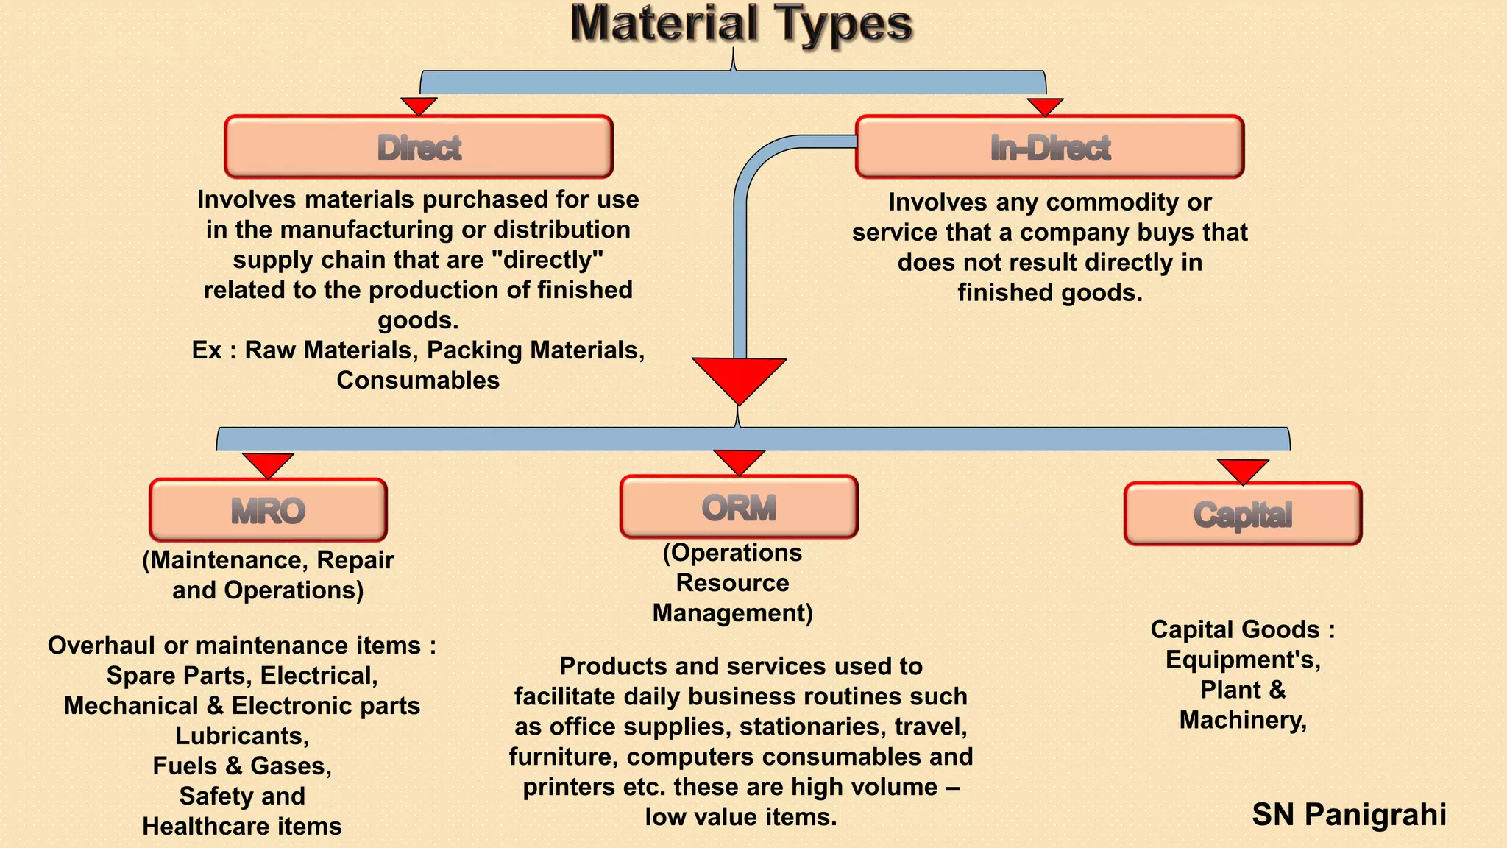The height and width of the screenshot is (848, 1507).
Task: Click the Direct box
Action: point(419,146)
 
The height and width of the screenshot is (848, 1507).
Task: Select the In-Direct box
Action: point(1049,146)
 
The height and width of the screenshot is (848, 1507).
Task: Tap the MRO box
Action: point(268,510)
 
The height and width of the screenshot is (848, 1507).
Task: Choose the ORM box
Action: point(739,506)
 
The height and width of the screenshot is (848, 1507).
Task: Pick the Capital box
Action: point(1243,514)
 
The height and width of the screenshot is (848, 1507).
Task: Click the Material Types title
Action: point(741,24)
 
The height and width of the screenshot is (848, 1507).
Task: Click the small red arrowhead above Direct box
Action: point(419,105)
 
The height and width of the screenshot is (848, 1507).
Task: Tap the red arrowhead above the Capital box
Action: point(1243,470)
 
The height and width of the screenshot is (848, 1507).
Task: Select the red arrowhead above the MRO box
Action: point(268,464)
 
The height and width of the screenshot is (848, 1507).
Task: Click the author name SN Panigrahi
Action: point(1349,815)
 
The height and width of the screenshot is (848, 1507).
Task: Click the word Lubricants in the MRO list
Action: point(241,735)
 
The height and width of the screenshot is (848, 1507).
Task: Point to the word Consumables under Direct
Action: point(418,380)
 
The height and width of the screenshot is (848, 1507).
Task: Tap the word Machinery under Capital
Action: point(1242,720)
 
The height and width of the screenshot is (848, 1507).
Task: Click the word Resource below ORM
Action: point(732,582)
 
